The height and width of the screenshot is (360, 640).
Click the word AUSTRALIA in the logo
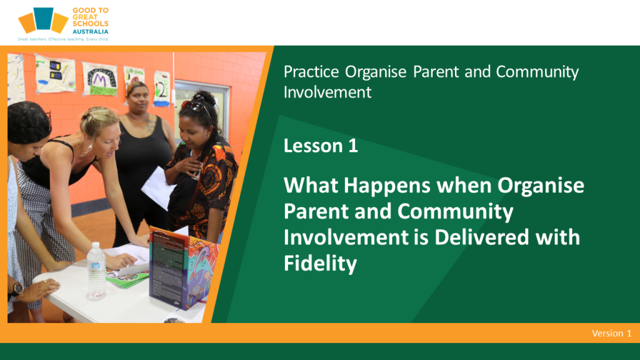tap(90, 31)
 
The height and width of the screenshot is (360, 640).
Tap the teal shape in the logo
tap(43, 18)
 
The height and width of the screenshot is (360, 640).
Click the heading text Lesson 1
tap(321, 146)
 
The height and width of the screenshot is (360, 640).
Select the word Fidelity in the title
tap(320, 263)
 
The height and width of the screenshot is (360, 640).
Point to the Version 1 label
tap(611, 333)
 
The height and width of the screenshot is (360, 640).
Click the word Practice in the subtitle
tap(311, 72)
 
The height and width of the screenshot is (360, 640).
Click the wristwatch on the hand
tap(17, 289)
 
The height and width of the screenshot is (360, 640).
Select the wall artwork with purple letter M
tap(99, 79)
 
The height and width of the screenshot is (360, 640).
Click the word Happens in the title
tap(387, 186)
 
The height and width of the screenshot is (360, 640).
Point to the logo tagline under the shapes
tap(63, 39)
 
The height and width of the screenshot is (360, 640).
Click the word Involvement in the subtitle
tap(327, 92)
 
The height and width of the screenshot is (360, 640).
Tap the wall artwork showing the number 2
tap(162, 89)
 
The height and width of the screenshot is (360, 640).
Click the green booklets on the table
tap(127, 277)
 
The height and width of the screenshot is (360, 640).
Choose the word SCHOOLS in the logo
tap(90, 24)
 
